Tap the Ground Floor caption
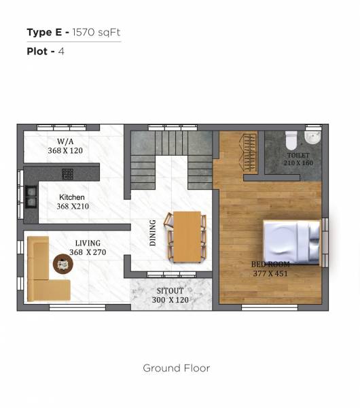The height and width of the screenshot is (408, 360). (x=176, y=368)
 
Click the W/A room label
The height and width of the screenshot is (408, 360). (x=65, y=141)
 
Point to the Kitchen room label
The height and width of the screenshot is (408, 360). (x=71, y=197)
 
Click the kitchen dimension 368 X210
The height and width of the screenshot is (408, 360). (x=73, y=206)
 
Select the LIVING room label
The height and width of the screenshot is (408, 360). (x=88, y=243)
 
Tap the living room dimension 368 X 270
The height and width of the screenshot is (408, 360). (x=88, y=252)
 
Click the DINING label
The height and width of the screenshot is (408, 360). (x=153, y=232)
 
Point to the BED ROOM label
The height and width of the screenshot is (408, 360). (x=270, y=264)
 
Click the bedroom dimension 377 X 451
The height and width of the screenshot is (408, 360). (x=270, y=273)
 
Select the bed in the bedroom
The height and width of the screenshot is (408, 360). (x=292, y=242)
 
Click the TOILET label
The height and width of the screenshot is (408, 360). (x=298, y=155)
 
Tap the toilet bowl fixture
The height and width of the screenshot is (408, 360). (x=291, y=139)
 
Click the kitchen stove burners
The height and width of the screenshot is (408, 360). (x=31, y=196)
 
